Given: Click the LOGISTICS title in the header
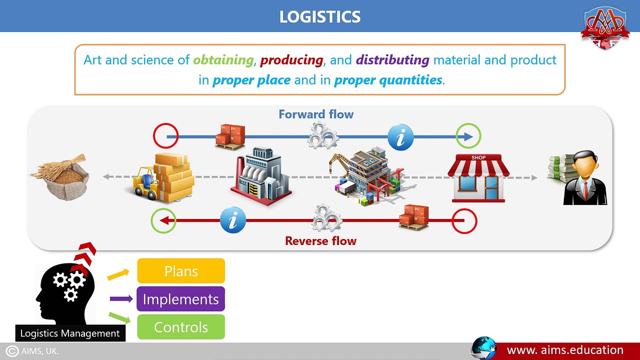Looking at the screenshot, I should tap(319, 16).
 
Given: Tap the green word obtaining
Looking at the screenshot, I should tap(223, 60).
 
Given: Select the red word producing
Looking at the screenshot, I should tap(291, 60).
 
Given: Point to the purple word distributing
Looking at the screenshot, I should tap(392, 60).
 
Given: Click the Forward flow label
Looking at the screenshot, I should tap(316, 114).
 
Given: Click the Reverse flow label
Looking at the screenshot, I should tap(320, 240).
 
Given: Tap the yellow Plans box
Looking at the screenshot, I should tap(181, 271).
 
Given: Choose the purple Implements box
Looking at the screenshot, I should tap(181, 299).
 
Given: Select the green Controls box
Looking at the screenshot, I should tap(181, 327).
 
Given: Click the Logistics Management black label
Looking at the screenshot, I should tap(70, 333).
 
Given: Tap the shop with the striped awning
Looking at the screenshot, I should tap(478, 178).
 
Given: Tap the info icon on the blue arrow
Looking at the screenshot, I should tap(400, 136).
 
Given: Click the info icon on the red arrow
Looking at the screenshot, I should tap(233, 220).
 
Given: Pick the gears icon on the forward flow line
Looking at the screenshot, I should tap(322, 135).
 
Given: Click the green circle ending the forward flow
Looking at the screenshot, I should tap(468, 136).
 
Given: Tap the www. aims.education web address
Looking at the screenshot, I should tap(565, 350).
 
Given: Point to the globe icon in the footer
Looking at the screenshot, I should tap(483, 348).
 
